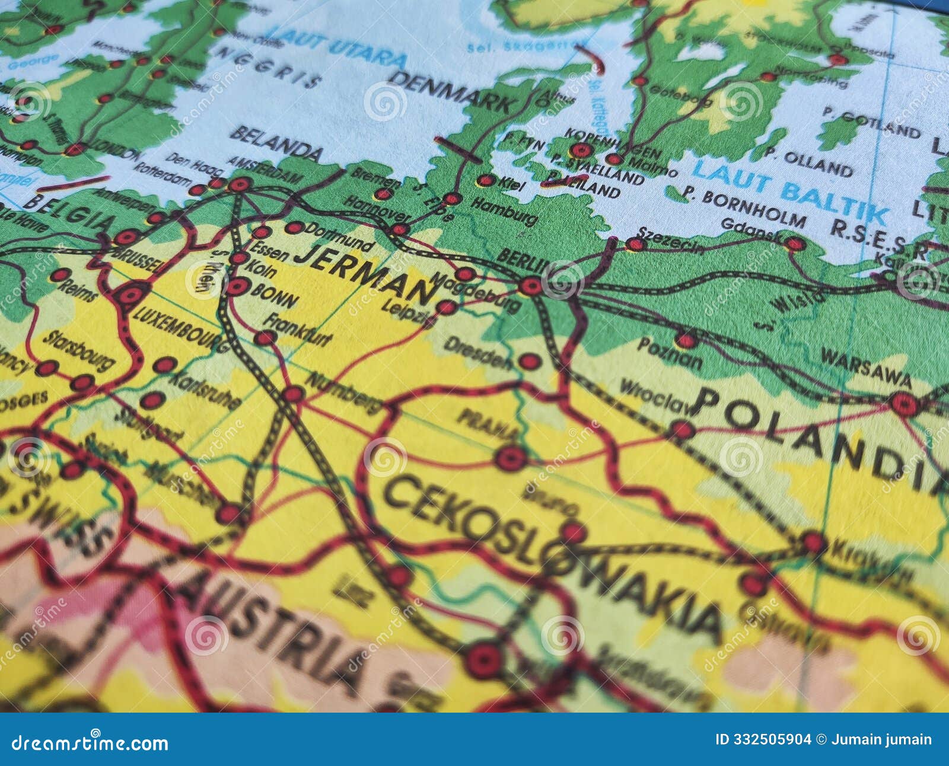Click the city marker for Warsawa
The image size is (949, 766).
point(904,404)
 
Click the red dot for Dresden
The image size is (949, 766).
point(529,361)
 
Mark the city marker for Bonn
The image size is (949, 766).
point(237,287)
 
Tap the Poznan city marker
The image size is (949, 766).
point(686,340)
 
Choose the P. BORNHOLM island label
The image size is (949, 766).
point(744,207)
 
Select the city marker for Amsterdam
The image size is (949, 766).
point(240,184)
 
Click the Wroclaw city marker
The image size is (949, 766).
point(682,430)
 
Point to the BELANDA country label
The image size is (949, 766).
point(276,142)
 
